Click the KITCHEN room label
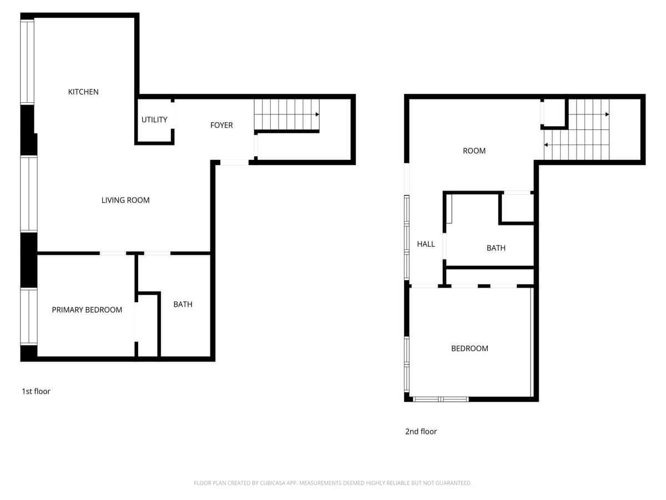pyautogui.click(x=83, y=92)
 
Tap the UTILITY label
pyautogui.click(x=154, y=119)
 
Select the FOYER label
pyautogui.click(x=221, y=125)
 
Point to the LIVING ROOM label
pyautogui.click(x=125, y=200)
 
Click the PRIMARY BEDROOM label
pyautogui.click(x=87, y=309)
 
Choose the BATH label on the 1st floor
pyautogui.click(x=183, y=304)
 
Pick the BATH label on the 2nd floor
pyautogui.click(x=496, y=248)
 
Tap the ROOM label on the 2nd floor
pyautogui.click(x=474, y=151)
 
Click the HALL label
pyautogui.click(x=426, y=244)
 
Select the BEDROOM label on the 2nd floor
pyautogui.click(x=470, y=348)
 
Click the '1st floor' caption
pyautogui.click(x=36, y=391)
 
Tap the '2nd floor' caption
pyautogui.click(x=421, y=431)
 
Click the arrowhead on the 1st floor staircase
pyautogui.click(x=317, y=114)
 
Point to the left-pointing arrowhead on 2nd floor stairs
pyautogui.click(x=546, y=145)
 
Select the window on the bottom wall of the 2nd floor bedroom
pyautogui.click(x=441, y=399)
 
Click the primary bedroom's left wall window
pyautogui.click(x=28, y=317)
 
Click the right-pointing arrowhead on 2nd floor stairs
pyautogui.click(x=607, y=114)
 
